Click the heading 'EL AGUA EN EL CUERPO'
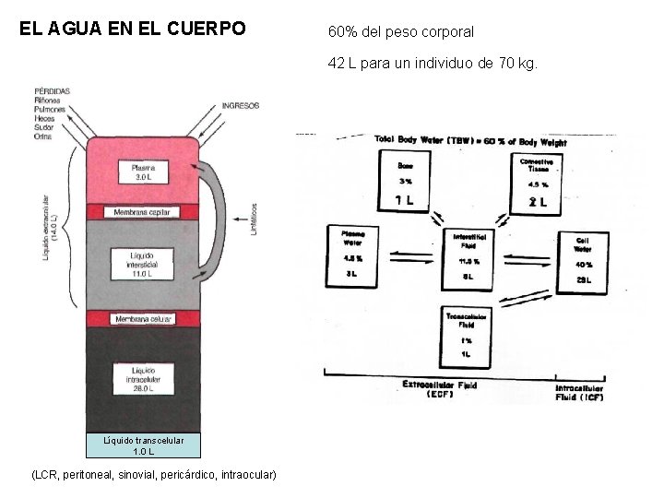133,29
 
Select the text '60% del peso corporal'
400,31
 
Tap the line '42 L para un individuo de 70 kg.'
432,64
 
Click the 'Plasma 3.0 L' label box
143,172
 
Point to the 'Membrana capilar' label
143,212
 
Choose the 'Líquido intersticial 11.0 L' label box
143,264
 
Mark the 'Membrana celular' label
143,319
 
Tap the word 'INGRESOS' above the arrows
242,105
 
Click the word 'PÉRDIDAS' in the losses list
53,90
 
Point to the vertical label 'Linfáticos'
254,219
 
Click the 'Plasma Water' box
353,255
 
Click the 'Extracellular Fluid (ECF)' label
439,386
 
